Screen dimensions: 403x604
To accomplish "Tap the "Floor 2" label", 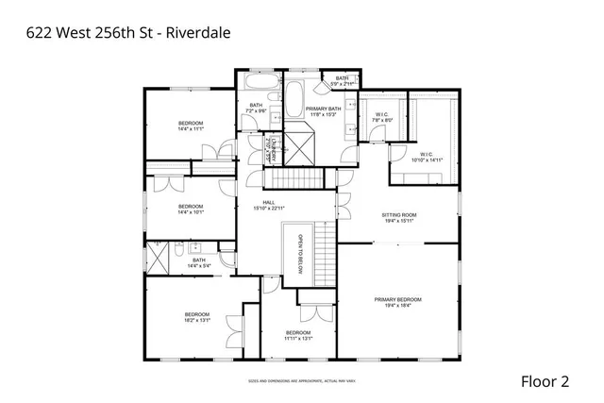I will click(545, 381).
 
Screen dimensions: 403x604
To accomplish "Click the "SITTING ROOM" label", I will click(398, 217).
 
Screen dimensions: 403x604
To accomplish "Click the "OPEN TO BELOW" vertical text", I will click(300, 248).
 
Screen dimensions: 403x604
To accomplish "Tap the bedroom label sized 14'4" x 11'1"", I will click(191, 125).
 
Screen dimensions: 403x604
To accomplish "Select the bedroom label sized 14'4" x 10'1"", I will click(191, 209).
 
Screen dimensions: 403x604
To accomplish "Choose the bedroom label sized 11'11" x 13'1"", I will click(298, 335).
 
